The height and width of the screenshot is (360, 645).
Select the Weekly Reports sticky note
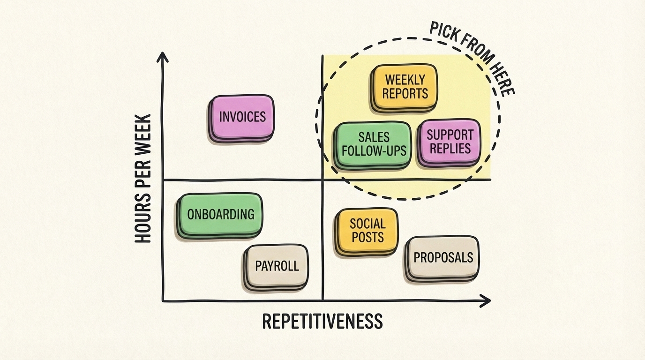tap(405, 87)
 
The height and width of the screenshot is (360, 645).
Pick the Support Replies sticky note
tap(450, 142)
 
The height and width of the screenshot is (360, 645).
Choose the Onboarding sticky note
tap(220, 215)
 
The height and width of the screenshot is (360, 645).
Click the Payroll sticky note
tap(277, 266)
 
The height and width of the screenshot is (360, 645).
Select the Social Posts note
tap(367, 231)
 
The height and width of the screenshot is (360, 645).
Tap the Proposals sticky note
tap(443, 257)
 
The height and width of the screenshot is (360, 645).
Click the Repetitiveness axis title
tap(322, 322)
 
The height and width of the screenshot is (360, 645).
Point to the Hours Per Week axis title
tap(143, 179)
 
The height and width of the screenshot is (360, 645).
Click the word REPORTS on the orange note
tap(405, 93)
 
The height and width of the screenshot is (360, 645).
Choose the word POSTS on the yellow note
tap(367, 237)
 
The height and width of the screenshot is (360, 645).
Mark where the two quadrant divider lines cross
tap(323, 180)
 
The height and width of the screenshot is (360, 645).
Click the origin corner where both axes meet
tap(163, 301)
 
